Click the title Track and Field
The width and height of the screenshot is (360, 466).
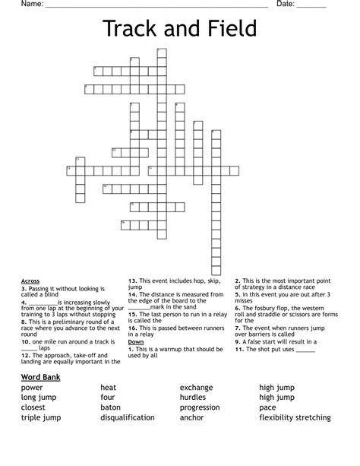coord(180,30)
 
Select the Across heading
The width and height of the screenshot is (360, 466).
coord(30,281)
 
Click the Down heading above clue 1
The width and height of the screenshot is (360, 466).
coord(136,342)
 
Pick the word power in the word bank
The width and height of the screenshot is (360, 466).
coord(32,388)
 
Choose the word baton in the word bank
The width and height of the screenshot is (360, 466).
coord(111,407)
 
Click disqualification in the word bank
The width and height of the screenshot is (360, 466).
coord(128,417)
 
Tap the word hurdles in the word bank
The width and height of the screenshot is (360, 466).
coord(193,398)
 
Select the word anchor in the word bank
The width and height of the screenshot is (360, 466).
coord(191,417)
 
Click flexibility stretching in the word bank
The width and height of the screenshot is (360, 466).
coord(295,417)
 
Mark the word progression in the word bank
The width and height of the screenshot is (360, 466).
coord(200,407)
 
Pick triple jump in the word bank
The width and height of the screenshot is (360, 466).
coord(43,417)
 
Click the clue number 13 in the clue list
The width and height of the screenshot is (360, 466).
coord(131,281)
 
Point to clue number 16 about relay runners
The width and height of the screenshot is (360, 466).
coord(131,328)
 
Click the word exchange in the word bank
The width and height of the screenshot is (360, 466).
coord(196,388)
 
